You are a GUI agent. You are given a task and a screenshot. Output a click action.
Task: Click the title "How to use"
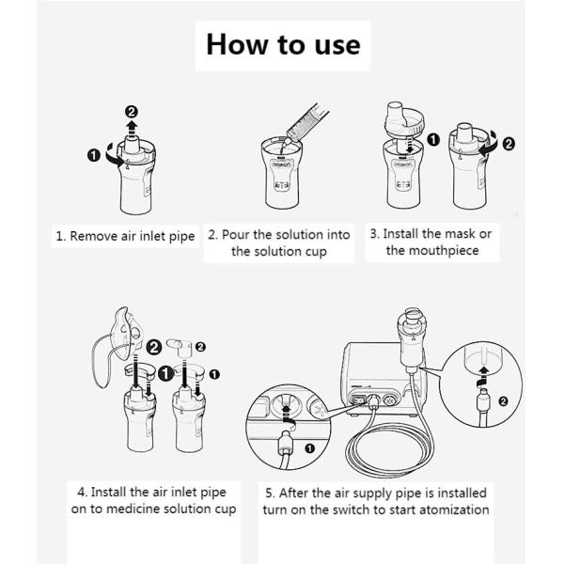282,44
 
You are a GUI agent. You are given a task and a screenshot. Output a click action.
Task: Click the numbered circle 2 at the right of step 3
509,145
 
